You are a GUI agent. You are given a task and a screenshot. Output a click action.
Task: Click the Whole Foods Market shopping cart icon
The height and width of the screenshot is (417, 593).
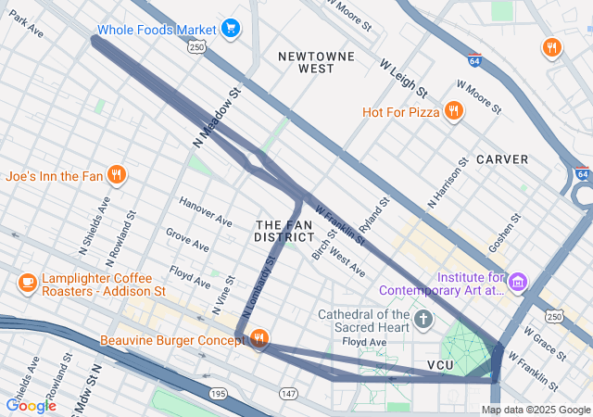(x=231, y=29)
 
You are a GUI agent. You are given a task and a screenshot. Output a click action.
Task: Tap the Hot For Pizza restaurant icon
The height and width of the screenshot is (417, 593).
(x=453, y=112)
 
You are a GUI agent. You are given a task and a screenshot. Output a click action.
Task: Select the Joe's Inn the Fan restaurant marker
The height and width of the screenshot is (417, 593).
(x=116, y=174)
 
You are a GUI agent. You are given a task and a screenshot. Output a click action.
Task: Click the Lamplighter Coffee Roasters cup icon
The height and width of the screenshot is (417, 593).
(x=27, y=281)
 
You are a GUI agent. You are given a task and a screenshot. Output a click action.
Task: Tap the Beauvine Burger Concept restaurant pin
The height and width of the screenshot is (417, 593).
(x=259, y=340)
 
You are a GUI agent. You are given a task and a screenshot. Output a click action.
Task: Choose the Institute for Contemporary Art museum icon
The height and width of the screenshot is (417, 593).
(x=518, y=281)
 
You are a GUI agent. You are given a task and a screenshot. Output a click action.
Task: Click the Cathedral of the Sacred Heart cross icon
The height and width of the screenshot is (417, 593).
(x=423, y=321)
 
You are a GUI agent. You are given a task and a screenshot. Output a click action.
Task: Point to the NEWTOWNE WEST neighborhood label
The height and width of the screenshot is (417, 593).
(x=317, y=62)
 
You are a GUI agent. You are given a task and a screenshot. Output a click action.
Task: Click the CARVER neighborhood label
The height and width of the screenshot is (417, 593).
(x=501, y=159)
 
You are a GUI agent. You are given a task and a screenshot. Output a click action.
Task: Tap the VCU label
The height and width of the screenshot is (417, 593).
(x=443, y=365)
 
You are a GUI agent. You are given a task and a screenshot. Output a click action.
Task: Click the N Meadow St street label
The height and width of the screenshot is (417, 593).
(x=217, y=118)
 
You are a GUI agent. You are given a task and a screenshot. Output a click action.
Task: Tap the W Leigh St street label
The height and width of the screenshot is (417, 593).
(x=403, y=78)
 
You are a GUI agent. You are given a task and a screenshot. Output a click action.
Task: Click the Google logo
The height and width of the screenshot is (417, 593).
(x=31, y=405)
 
